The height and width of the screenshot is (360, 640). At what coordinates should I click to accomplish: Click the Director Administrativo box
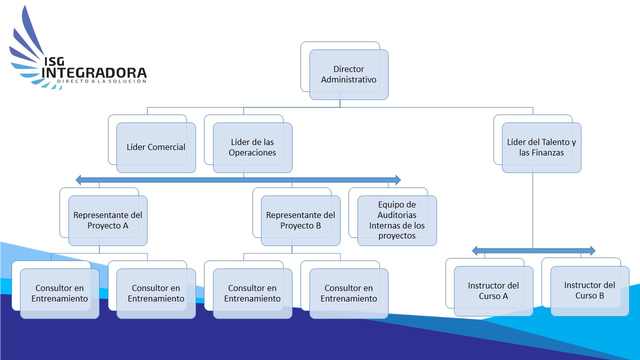coord(348,74)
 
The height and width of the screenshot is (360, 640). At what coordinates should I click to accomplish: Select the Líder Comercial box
coord(156,147)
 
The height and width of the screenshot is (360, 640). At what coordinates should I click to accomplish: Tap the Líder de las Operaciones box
coord(252,147)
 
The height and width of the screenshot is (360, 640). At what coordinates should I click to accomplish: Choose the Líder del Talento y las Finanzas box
coord(541,147)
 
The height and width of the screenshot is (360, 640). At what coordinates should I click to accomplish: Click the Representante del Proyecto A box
coord(108,220)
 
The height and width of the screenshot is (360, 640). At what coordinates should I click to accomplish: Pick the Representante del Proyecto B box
coord(300,220)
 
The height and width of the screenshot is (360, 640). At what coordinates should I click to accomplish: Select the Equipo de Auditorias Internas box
coord(397,220)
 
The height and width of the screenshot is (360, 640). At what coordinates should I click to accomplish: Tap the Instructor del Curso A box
coord(493,291)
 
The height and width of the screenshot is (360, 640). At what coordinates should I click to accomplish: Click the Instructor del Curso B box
coord(589,290)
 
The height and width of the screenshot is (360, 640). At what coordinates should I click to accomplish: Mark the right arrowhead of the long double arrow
coord(397,179)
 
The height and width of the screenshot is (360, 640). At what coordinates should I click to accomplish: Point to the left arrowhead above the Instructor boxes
coord(475,250)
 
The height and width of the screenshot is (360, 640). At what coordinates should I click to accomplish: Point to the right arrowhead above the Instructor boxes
coord(592,250)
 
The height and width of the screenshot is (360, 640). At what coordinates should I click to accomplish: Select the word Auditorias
coord(397,215)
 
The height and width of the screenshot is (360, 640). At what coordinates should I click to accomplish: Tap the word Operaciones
coord(252,153)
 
